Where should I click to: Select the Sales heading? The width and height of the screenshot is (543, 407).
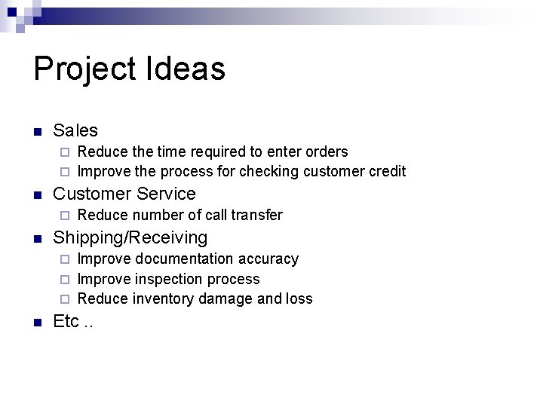[x=75, y=130]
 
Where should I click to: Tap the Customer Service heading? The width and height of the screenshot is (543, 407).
[x=124, y=194]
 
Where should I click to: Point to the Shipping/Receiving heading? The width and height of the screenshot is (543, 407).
[x=130, y=237]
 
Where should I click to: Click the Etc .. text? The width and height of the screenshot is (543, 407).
[x=74, y=321]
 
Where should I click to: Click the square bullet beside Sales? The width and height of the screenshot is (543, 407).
[x=37, y=132]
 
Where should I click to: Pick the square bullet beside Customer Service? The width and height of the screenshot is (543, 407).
[x=37, y=195]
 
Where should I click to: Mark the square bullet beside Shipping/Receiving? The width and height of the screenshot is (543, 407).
[x=37, y=239]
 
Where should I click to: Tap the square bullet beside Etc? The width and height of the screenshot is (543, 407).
[x=37, y=323]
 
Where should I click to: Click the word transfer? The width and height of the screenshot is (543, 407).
[x=256, y=215]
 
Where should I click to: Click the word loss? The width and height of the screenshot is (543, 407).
[x=299, y=298]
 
